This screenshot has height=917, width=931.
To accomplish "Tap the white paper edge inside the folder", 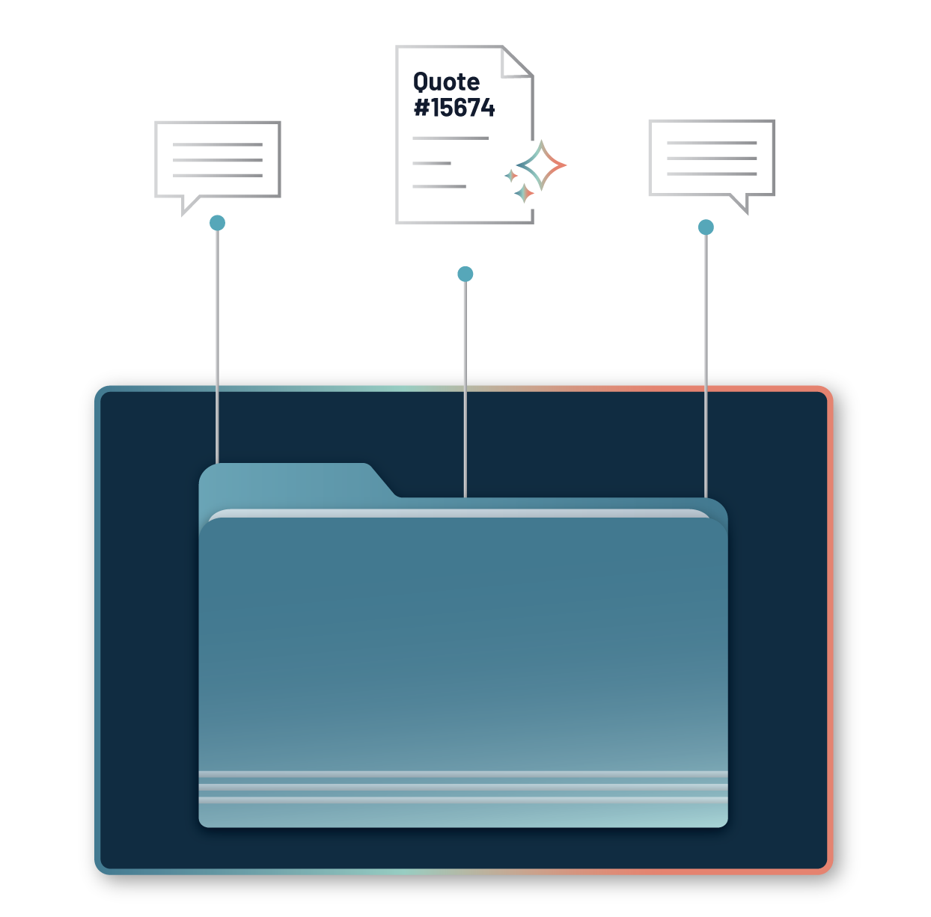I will (x=457, y=513).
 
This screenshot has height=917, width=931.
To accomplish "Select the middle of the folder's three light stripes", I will (x=463, y=787).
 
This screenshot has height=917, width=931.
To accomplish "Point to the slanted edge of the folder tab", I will (x=383, y=481).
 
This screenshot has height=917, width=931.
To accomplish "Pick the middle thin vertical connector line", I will (x=465, y=389).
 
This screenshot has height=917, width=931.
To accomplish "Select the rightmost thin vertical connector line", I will (x=705, y=367).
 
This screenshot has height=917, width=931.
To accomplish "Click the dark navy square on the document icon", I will (x=457, y=103).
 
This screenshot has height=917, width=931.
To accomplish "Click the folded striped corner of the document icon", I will (x=516, y=63).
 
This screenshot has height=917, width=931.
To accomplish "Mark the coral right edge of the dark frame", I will (x=829, y=628).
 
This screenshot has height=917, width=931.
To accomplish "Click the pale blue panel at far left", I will (x=105, y=299).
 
